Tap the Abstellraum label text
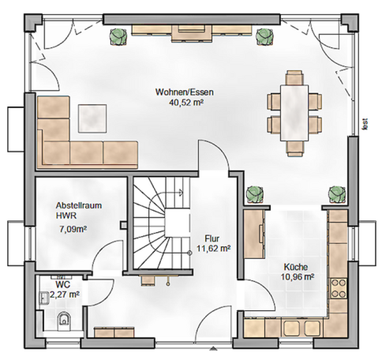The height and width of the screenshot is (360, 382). pyautogui.click(x=78, y=203)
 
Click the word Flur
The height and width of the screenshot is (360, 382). pyautogui.click(x=211, y=238)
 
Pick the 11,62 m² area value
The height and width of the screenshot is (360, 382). pyautogui.click(x=213, y=248)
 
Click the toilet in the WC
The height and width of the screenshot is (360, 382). pyautogui.click(x=64, y=319)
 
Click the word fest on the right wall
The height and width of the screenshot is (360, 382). pyautogui.click(x=365, y=122)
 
